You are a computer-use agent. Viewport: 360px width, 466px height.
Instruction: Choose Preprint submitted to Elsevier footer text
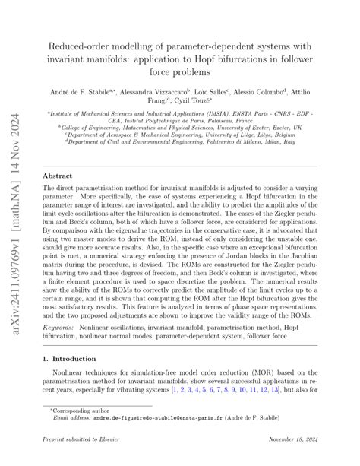(78, 458)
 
